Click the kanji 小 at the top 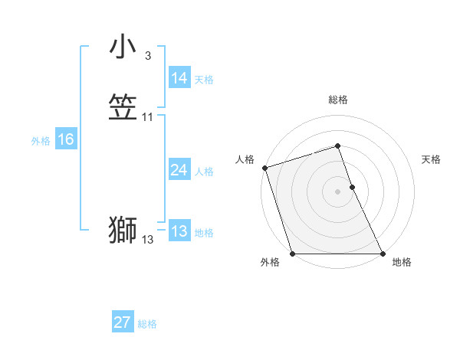point(123,47)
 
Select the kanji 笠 point(123,108)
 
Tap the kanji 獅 point(123,231)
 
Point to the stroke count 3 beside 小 point(148,56)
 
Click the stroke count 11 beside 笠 point(148,117)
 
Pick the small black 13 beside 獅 point(148,240)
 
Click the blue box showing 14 point(179,78)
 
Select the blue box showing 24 point(179,170)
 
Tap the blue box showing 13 point(179,231)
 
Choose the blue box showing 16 point(66,139)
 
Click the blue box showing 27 point(123,322)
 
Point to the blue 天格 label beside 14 point(204,80)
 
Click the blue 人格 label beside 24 point(204,172)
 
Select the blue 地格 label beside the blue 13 point(204,233)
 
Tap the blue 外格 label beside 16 point(41,141)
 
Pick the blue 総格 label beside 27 point(147,324)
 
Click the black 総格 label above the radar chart point(338,100)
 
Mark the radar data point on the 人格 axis point(264,168)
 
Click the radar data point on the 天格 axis point(352,187)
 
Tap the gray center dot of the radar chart point(338,191)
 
